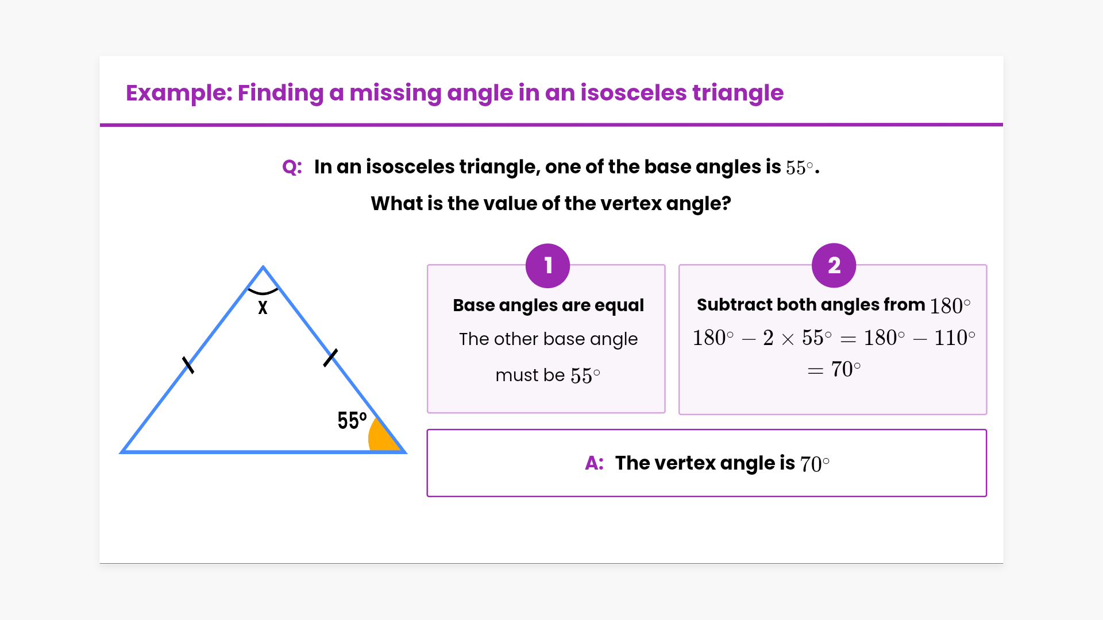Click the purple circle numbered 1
point(547,265)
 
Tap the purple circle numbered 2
point(834,265)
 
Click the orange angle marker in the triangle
point(382,436)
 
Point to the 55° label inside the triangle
point(352,420)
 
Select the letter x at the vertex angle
point(263,308)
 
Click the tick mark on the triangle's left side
point(188,365)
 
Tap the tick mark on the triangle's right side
point(330,358)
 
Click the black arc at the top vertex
point(263,292)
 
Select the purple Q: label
point(292,167)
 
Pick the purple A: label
point(594,463)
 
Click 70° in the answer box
point(815,464)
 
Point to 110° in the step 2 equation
point(954,338)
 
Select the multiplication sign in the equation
point(788,339)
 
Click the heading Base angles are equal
point(548,305)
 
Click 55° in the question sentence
point(800,168)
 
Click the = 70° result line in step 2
point(834,369)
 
